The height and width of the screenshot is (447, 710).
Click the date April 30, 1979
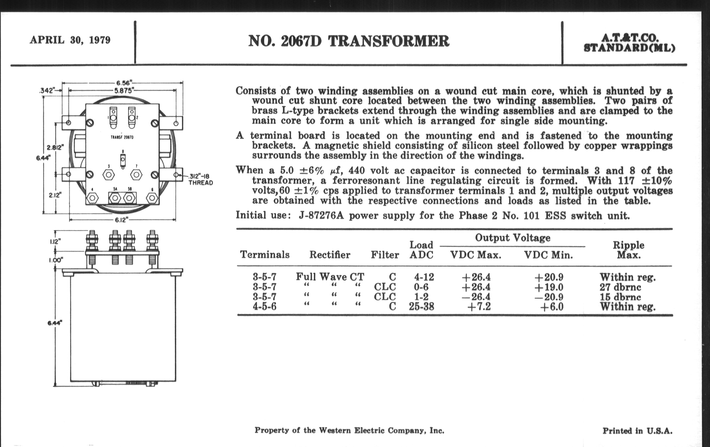point(70,40)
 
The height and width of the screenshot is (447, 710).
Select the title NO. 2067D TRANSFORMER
point(349,41)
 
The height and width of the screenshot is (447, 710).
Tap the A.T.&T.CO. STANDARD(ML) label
point(629,43)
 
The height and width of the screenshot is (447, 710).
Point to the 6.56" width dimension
point(123,83)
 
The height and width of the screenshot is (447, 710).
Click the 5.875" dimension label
point(123,90)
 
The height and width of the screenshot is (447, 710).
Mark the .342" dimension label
point(47,90)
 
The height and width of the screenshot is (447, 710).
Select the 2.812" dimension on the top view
point(55,147)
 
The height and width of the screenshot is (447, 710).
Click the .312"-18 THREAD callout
point(201,179)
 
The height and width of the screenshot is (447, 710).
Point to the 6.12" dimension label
point(122,220)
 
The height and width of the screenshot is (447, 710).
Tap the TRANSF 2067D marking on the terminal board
point(122,137)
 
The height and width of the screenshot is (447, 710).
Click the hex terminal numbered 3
point(109,175)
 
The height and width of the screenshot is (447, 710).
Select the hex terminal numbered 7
point(136,175)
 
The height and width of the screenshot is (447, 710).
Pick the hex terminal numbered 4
point(92,198)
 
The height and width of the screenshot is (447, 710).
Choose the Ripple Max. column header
point(629,250)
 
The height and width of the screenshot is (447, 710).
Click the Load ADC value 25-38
point(421,307)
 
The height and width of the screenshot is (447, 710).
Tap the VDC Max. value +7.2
point(479,307)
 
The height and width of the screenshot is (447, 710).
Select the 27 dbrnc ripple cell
point(620,287)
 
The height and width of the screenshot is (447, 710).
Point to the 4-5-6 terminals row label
point(264,307)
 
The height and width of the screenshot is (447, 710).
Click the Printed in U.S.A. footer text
point(637,431)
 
